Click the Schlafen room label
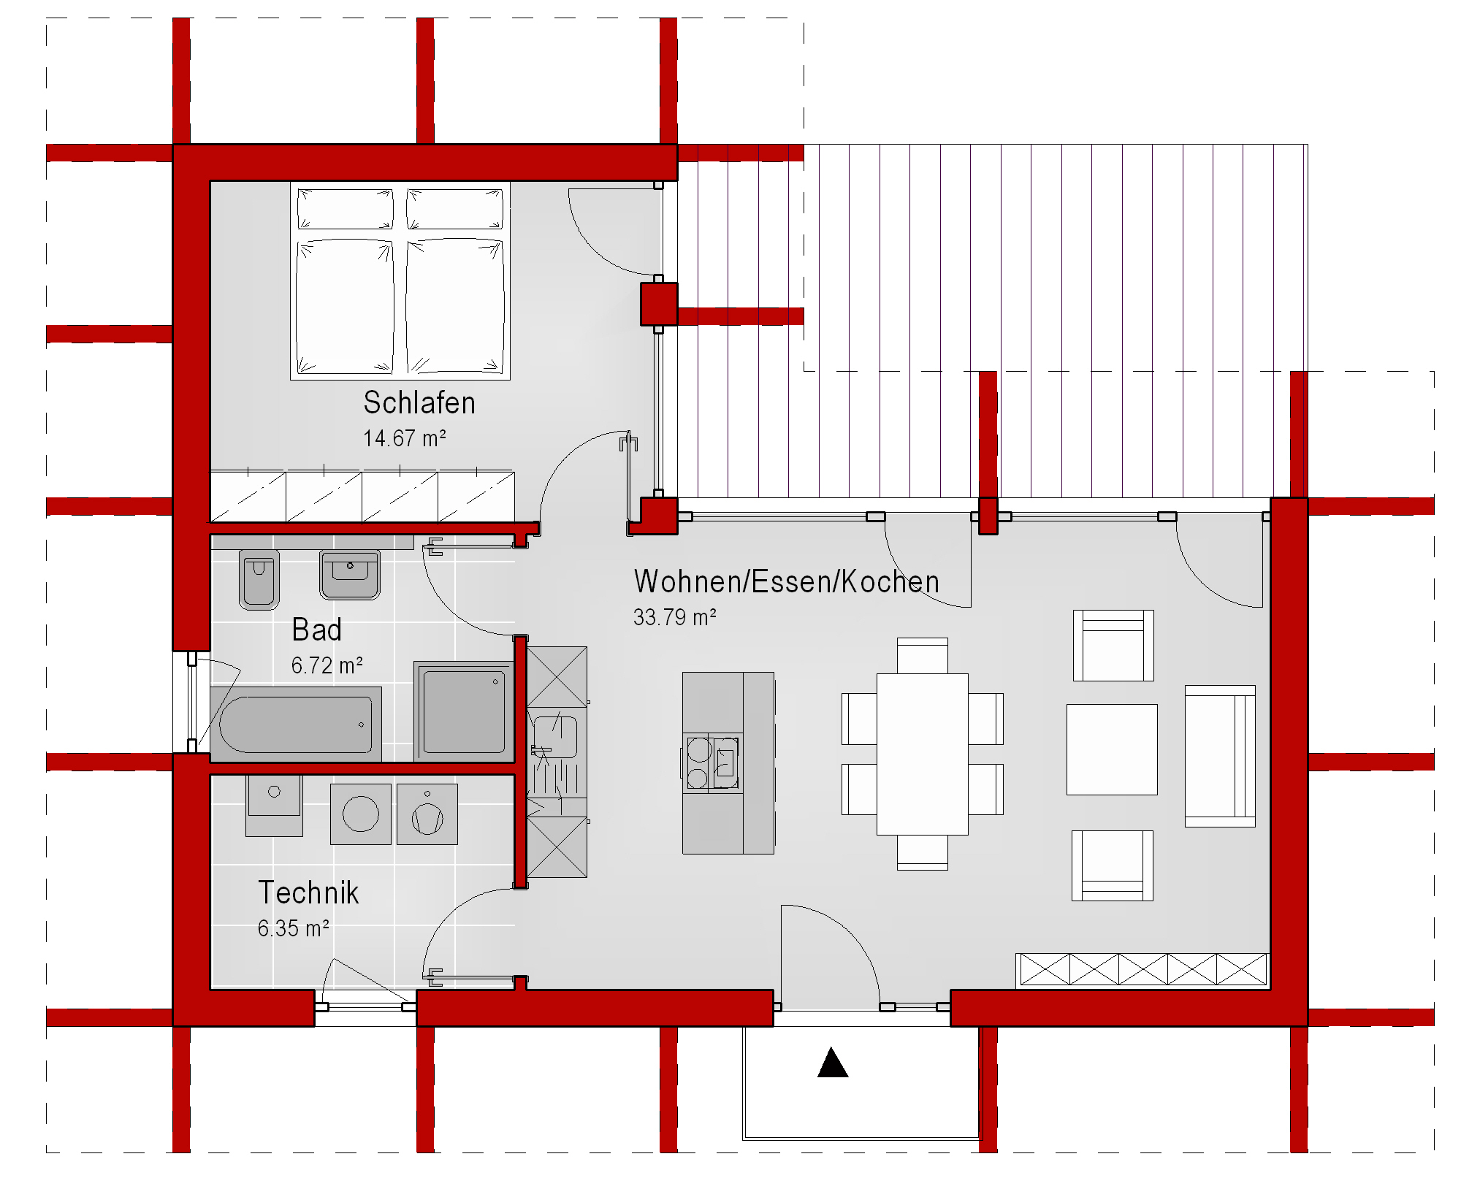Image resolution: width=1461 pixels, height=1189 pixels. point(419,402)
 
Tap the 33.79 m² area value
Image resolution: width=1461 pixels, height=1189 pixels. point(674,617)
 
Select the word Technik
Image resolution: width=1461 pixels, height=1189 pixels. point(308,892)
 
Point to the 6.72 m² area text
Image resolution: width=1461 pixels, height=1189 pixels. point(327,665)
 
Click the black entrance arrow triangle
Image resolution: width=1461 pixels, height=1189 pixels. point(833,1063)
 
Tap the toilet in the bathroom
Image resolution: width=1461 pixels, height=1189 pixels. point(259,580)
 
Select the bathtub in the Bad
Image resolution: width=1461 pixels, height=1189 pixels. point(296,724)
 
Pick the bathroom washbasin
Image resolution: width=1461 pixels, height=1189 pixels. point(350,575)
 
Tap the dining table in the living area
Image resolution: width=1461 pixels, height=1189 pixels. point(923,754)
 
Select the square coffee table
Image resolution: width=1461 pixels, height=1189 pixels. point(1112,749)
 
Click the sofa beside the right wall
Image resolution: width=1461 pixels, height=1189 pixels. point(1220,756)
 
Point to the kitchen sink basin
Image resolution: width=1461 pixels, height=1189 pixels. point(555,738)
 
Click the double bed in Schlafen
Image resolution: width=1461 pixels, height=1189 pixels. point(400,281)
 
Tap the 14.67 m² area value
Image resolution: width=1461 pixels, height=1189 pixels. point(405,438)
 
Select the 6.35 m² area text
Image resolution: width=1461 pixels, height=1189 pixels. point(293,928)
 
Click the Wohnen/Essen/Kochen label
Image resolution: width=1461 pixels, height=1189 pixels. point(787,581)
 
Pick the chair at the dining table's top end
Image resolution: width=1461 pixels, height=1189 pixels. point(923,656)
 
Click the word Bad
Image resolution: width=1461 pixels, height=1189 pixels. point(316,630)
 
